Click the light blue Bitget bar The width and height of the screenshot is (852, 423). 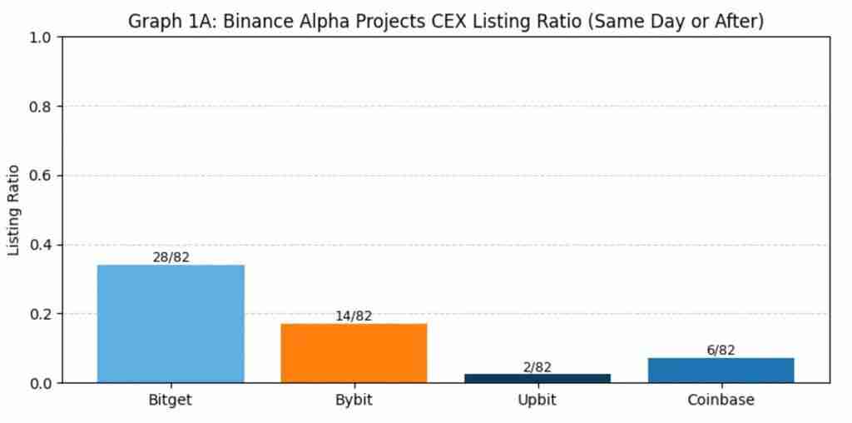click(171, 324)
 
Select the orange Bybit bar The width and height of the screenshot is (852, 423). click(354, 353)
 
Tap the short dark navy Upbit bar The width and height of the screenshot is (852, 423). click(537, 378)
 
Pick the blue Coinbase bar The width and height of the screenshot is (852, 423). click(721, 371)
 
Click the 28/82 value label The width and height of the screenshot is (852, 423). click(171, 257)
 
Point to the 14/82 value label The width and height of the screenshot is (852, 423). click(354, 316)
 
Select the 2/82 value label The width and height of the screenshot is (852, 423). click(537, 367)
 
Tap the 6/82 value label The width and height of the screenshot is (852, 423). click(721, 351)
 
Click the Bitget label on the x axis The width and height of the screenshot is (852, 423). click(171, 400)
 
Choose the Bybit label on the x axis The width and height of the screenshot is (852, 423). click(354, 400)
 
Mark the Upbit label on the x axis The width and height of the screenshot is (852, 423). click(537, 400)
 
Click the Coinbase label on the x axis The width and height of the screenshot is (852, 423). click(721, 400)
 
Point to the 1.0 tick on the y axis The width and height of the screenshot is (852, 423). click(41, 37)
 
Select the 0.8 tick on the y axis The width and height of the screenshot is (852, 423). click(41, 107)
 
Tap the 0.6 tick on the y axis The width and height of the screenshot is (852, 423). click(41, 176)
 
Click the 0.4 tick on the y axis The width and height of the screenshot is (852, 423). click(41, 245)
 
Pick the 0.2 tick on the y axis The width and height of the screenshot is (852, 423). click(41, 314)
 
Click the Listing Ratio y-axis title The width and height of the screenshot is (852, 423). click(14, 210)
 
